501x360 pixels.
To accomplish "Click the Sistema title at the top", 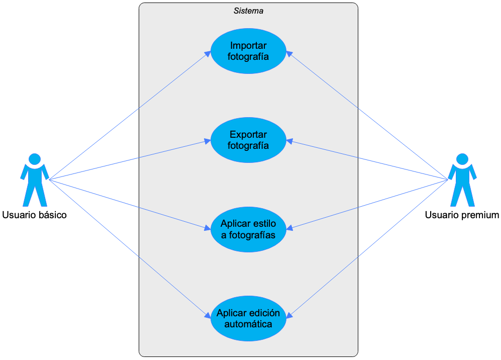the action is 248,11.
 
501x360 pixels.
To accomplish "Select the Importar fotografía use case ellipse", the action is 248,51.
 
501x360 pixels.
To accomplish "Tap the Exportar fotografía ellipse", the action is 248,140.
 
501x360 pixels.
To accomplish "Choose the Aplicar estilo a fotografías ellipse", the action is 248,229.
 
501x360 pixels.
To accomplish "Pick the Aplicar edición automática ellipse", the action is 248,318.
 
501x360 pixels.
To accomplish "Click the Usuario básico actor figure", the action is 35,180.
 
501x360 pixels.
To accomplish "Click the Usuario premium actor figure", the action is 462,180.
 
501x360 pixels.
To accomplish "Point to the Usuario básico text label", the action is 35,215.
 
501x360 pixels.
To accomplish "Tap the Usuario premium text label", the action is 462,215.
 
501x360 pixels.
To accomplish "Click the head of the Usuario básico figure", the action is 35,159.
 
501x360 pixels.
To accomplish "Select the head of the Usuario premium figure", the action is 462,159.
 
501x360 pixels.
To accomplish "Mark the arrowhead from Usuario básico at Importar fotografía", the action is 208,54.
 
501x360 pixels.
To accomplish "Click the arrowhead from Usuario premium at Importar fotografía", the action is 289,54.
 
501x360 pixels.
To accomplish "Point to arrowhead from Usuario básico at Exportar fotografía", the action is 208,141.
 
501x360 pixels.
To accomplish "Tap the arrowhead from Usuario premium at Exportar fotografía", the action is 289,141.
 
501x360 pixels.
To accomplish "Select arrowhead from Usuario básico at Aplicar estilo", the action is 208,228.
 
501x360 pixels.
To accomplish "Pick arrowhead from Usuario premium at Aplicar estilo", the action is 289,228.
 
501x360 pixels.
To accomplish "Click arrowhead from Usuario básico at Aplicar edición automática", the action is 208,316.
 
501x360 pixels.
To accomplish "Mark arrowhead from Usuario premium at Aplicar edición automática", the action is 289,316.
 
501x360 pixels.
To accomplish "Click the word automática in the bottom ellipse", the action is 248,324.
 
